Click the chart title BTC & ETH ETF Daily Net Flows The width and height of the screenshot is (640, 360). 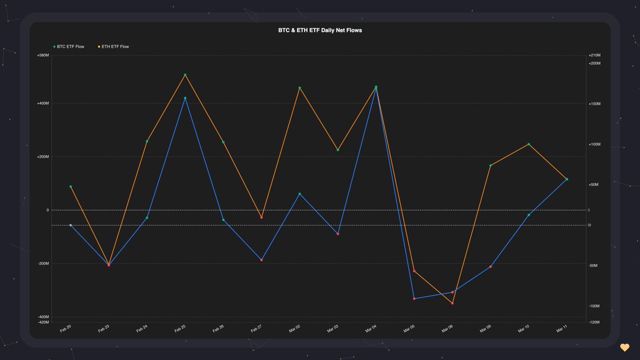320,30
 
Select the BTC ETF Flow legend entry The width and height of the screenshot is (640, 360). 69,46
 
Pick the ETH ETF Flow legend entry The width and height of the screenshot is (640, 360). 114,46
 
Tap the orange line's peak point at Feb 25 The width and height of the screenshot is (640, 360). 185,75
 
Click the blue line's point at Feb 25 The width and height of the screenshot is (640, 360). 185,98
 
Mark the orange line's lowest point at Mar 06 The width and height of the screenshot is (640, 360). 452,303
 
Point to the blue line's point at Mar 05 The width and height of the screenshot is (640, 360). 414,299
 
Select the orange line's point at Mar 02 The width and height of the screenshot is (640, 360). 300,88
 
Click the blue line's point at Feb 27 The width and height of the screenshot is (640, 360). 261,260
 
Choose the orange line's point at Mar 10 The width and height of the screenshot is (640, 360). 529,144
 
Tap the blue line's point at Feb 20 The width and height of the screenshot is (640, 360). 70,225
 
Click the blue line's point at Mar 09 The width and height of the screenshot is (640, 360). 491,267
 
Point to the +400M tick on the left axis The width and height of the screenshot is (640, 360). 43,103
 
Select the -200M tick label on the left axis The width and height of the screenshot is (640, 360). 43,263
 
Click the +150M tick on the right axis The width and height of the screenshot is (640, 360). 594,104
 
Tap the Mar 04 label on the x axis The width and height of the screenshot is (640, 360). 371,330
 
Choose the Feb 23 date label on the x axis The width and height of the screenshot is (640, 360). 104,330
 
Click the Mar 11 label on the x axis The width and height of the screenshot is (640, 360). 562,330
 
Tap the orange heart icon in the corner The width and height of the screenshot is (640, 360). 625,348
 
